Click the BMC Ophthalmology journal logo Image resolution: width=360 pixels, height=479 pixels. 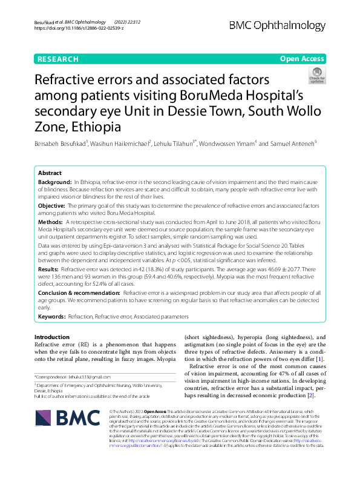click(286, 25)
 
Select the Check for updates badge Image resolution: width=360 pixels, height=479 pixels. click(316, 75)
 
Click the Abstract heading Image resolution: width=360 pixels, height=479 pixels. click(50, 173)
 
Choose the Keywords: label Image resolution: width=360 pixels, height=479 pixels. click(52, 317)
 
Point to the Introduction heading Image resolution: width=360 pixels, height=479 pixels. click(52, 337)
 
